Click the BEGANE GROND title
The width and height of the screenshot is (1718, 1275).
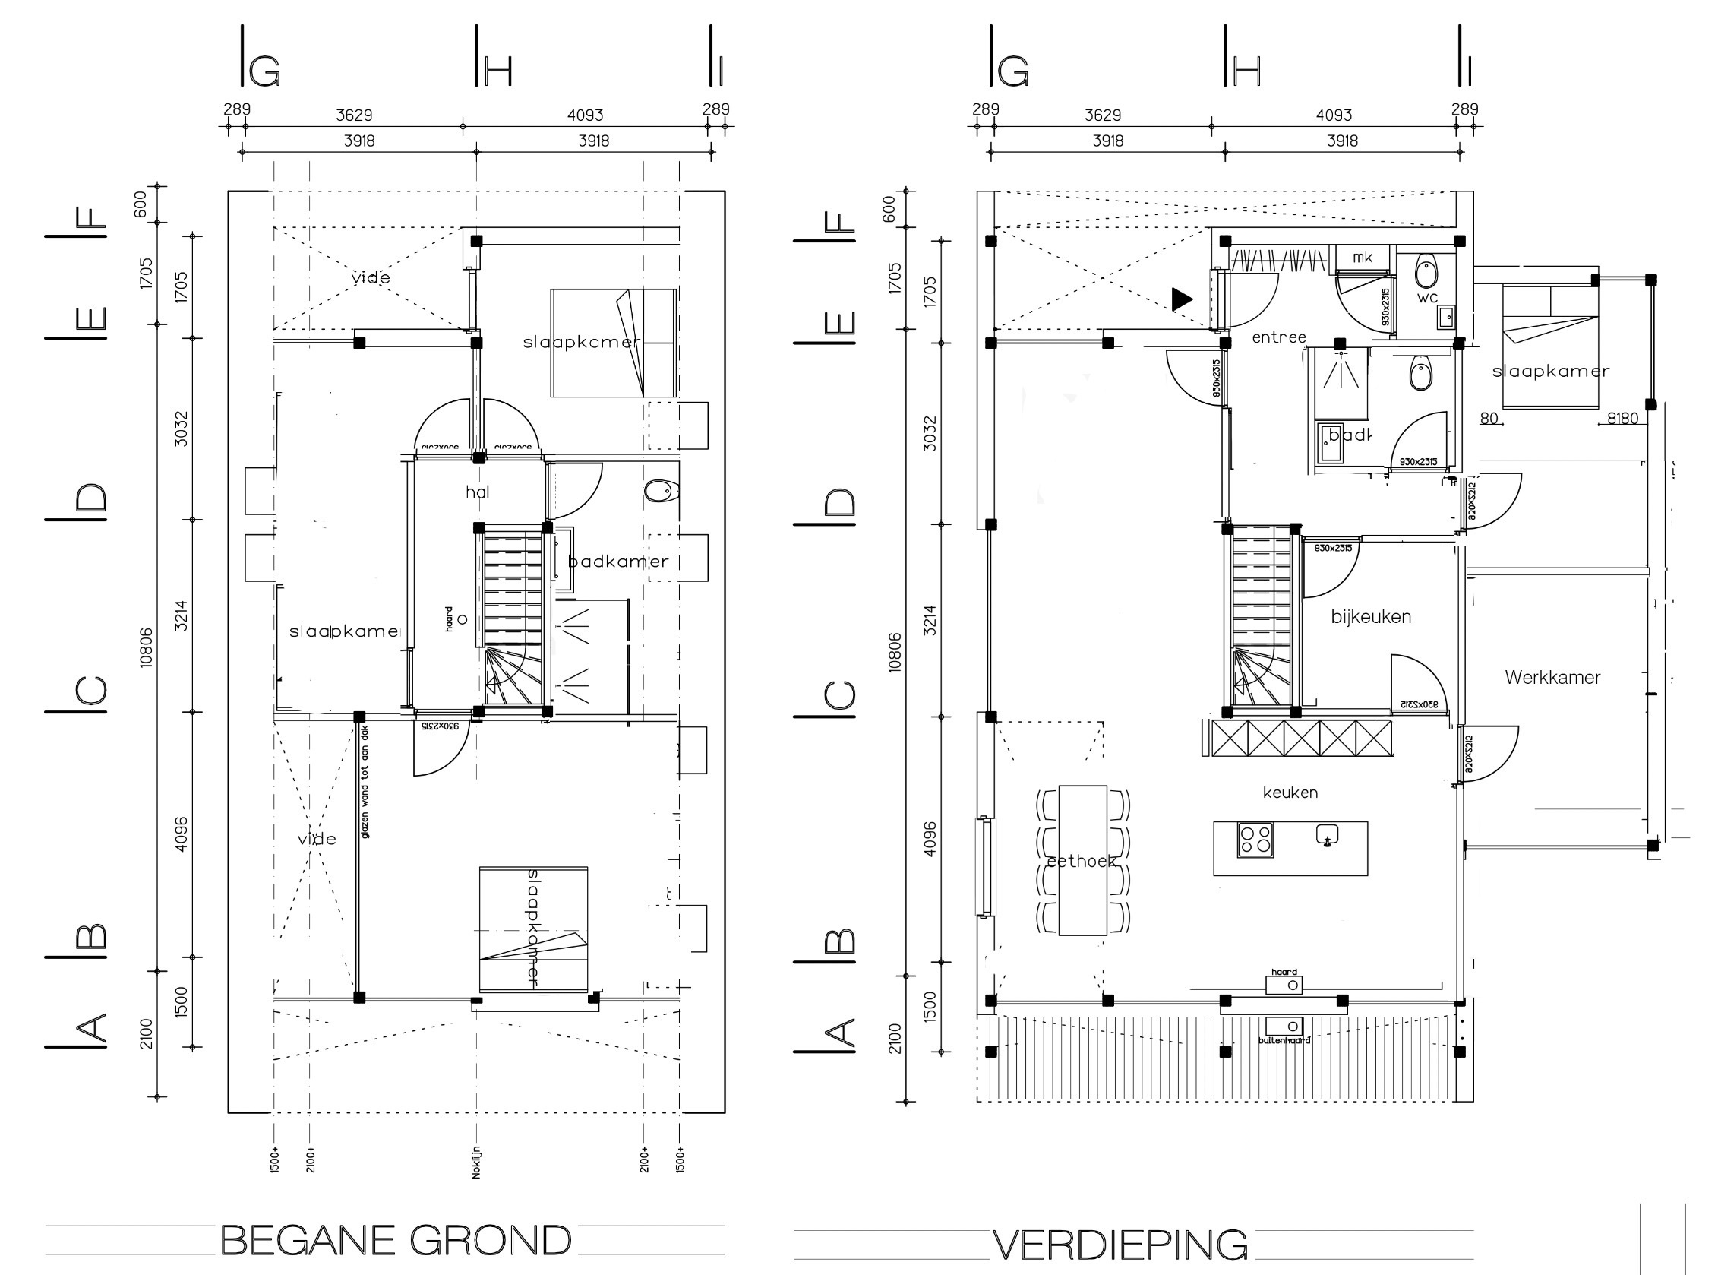[396, 1240]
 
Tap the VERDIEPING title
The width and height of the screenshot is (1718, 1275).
[1120, 1244]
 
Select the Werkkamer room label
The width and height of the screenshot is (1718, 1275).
[1552, 678]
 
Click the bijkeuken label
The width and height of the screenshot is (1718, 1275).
[1371, 617]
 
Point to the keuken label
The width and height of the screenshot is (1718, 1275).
[1290, 792]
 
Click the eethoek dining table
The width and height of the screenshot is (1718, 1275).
[1082, 861]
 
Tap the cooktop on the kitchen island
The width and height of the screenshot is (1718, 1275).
[1255, 840]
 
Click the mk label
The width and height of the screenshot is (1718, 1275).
[1363, 257]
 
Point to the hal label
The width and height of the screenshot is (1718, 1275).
[478, 492]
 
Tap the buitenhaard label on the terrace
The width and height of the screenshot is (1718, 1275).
[1284, 1040]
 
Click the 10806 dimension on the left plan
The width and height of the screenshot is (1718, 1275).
[147, 647]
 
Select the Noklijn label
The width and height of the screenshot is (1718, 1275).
[476, 1162]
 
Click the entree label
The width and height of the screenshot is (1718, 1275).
[1278, 337]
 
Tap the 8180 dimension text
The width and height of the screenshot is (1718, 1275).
[1622, 419]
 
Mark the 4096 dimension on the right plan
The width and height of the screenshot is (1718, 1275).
[930, 839]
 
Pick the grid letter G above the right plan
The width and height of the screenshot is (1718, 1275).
[1013, 71]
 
